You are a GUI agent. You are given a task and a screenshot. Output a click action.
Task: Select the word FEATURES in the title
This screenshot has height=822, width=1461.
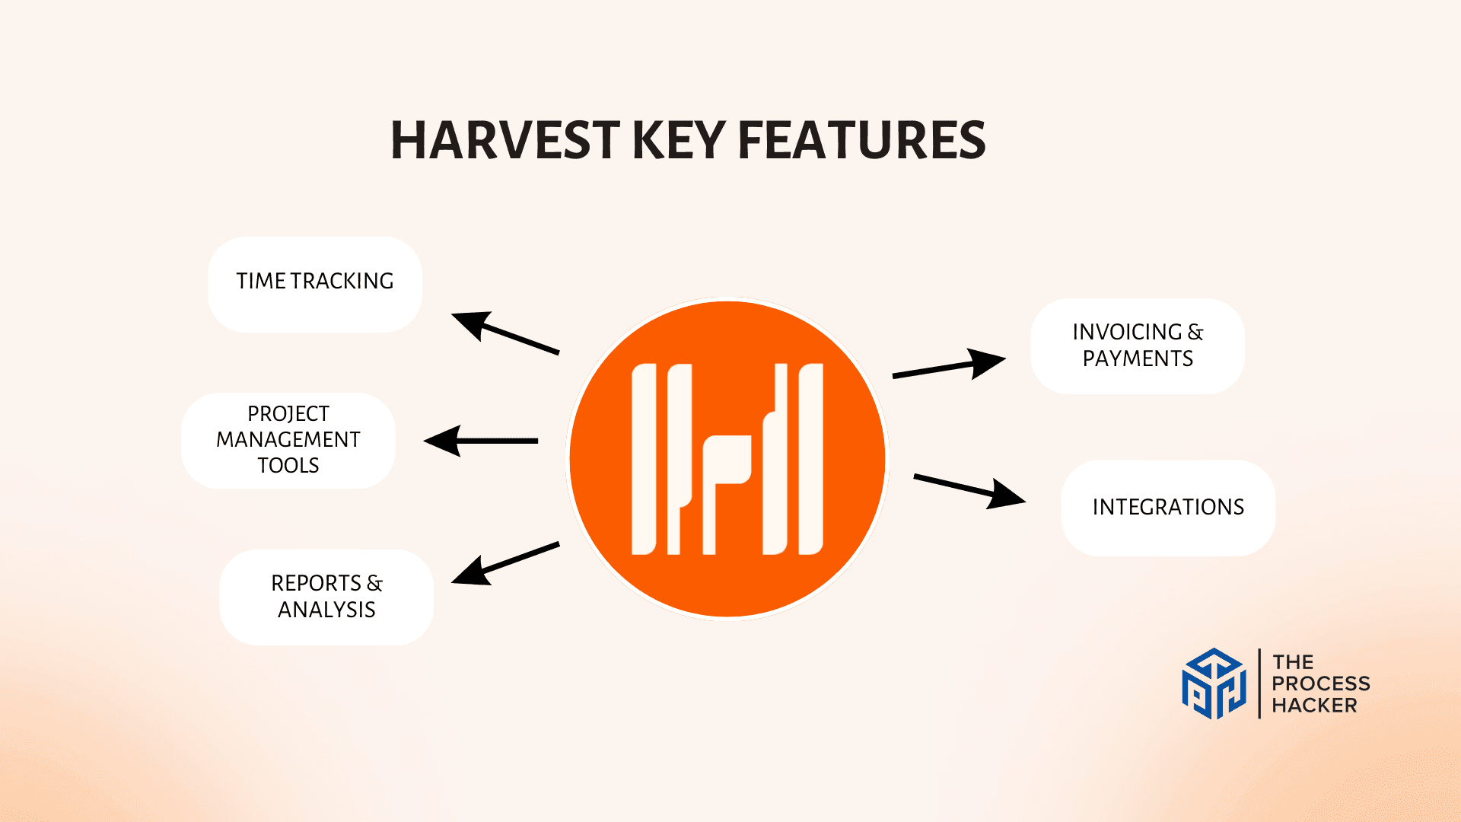click(861, 140)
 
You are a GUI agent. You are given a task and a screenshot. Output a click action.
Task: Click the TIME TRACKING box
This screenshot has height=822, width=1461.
click(315, 285)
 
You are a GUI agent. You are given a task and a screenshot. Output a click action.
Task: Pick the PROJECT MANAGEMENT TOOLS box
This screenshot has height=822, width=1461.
click(288, 441)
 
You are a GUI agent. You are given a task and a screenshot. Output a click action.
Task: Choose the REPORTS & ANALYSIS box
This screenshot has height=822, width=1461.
click(326, 597)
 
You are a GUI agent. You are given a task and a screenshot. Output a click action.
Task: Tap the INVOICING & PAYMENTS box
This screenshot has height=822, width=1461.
click(1138, 346)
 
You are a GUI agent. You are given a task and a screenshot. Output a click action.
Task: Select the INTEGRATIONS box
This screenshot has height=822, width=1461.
click(1168, 508)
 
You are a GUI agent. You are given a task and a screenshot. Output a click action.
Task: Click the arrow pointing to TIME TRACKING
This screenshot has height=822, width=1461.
click(505, 333)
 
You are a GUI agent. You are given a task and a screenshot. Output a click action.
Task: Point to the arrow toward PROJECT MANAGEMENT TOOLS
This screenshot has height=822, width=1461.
click(481, 441)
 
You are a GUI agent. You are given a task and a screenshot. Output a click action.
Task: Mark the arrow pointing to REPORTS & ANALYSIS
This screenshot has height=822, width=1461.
click(505, 564)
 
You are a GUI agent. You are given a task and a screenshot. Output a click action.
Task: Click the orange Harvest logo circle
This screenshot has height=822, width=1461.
click(728, 459)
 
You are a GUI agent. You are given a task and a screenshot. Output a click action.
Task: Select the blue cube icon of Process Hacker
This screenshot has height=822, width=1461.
click(1214, 683)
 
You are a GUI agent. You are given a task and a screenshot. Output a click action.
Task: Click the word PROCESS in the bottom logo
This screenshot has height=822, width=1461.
click(1321, 683)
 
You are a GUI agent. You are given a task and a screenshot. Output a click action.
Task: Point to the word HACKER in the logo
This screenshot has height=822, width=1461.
click(1314, 706)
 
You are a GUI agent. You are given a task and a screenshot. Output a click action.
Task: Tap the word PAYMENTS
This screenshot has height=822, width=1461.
click(1138, 358)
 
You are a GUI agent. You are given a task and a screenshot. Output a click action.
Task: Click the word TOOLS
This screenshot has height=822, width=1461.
click(288, 465)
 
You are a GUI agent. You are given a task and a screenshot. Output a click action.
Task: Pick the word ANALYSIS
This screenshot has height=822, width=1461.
click(326, 610)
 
